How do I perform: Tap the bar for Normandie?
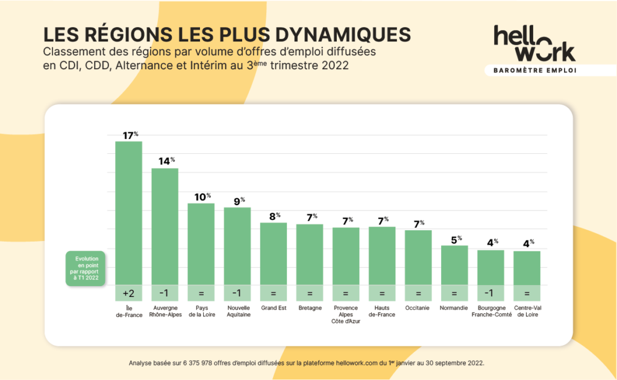(454, 265)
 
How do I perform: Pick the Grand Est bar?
(273, 253)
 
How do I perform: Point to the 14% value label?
(166, 161)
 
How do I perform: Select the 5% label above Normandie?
(456, 239)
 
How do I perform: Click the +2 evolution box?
(128, 293)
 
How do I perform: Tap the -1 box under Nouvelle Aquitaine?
(237, 293)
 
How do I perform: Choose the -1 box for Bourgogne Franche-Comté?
(490, 293)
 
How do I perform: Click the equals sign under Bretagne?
(310, 293)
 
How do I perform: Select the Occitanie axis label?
(418, 308)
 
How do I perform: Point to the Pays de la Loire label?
(201, 311)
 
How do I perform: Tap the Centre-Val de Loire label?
(527, 311)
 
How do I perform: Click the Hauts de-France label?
(382, 311)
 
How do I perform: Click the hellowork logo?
(534, 43)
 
